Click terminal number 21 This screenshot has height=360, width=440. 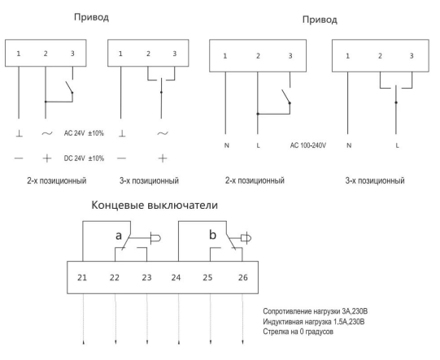(x=82, y=278)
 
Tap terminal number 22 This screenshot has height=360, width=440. (x=114, y=278)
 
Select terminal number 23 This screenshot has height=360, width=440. (x=146, y=278)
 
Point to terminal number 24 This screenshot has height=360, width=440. (x=176, y=278)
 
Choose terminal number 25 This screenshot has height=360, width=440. (x=207, y=278)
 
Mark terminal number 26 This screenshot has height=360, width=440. (x=243, y=278)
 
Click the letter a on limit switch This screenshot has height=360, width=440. (x=119, y=236)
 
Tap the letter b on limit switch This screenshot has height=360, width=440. (x=213, y=235)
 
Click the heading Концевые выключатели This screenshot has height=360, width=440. (x=155, y=206)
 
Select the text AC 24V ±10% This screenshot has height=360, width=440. (x=84, y=133)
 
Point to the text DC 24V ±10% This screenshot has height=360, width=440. (x=84, y=158)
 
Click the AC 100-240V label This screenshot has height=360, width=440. (x=308, y=145)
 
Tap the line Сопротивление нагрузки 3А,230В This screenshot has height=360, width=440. (x=315, y=311)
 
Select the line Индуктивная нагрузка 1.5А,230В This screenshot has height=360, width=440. (x=314, y=321)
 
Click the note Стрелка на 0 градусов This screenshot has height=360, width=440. (x=298, y=332)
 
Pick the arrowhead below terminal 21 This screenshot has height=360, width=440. (x=83, y=343)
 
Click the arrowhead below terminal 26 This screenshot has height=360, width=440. (x=242, y=343)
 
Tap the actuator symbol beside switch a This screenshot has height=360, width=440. (x=155, y=238)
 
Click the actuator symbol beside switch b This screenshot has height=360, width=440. (x=246, y=238)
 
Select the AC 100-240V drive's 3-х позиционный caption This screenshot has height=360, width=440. (x=375, y=180)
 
